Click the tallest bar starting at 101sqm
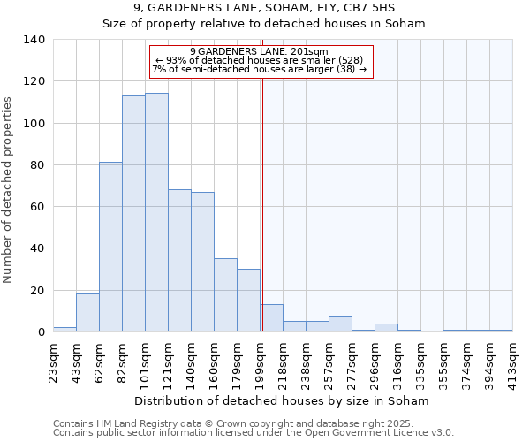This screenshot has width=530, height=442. coord(156,212)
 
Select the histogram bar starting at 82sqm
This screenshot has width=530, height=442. coord(133,214)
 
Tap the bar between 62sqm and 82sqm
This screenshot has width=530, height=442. coord(110,247)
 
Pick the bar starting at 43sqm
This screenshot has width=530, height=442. coord(87,313)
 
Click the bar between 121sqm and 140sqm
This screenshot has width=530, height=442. coord(179,261)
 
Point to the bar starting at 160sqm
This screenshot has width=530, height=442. coord(225,295)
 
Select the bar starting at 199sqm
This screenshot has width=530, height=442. coord(271,318)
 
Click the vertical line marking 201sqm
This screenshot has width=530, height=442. coord(262,203)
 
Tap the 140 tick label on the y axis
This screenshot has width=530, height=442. coord(34,40)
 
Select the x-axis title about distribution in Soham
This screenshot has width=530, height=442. coord(283,400)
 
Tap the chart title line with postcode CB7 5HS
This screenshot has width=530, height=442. coord(264,8)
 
